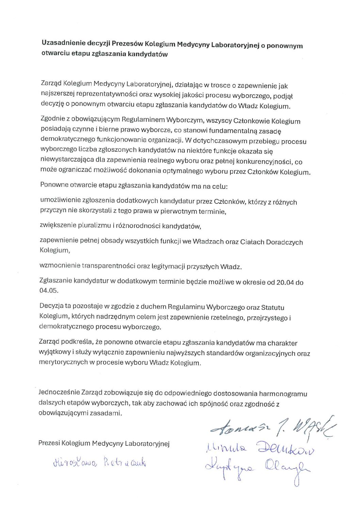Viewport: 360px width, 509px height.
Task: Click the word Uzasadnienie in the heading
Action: tap(64, 44)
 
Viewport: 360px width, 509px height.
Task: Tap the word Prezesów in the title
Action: tap(127, 44)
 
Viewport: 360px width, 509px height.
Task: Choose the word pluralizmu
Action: tap(92, 226)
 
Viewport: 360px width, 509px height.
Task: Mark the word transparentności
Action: tap(108, 266)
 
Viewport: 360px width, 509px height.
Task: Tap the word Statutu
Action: tap(273, 308)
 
